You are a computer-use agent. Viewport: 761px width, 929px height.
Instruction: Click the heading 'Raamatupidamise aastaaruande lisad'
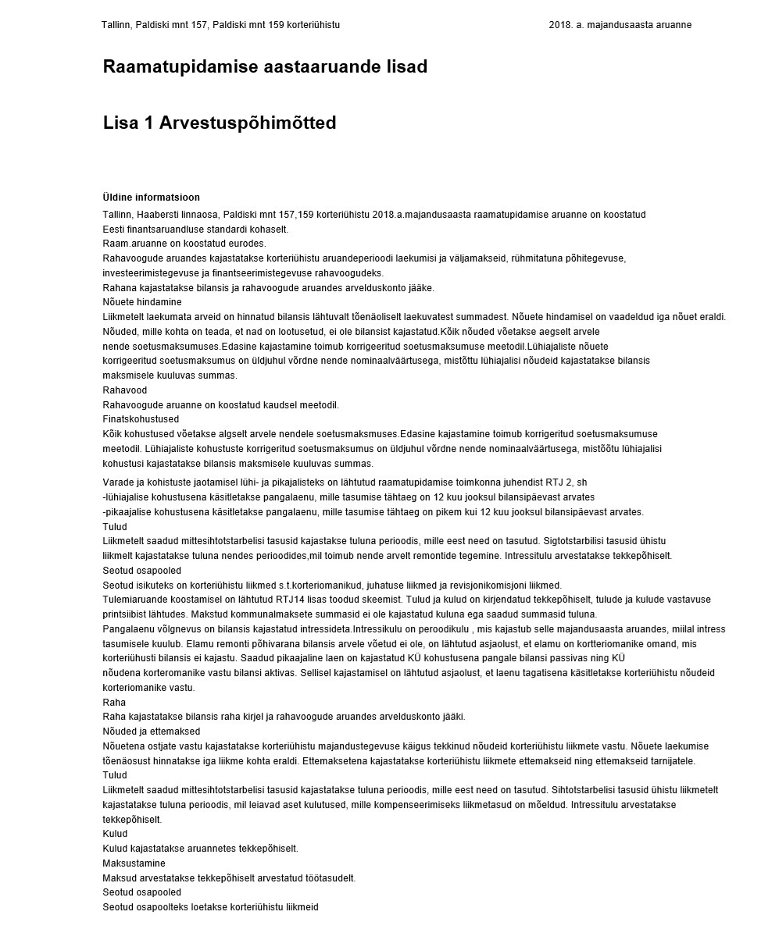(265, 67)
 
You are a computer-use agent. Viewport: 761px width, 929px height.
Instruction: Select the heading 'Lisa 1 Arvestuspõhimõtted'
(220, 123)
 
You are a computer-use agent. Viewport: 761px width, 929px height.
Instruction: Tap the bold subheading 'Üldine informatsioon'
(151, 198)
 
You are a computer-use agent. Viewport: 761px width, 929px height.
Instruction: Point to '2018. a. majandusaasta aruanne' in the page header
(620, 25)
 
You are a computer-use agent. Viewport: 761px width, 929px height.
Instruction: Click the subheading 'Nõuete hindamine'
(142, 302)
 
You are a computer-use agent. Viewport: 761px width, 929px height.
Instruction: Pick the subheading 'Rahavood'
(125, 390)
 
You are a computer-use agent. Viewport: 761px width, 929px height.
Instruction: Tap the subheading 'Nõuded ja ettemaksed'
(152, 731)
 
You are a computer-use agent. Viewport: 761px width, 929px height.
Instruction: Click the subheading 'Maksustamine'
(134, 863)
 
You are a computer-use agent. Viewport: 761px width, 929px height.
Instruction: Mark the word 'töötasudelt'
(331, 878)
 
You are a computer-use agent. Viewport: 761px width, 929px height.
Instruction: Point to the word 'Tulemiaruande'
(134, 600)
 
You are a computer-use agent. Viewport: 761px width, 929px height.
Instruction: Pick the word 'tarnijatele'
(672, 761)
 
